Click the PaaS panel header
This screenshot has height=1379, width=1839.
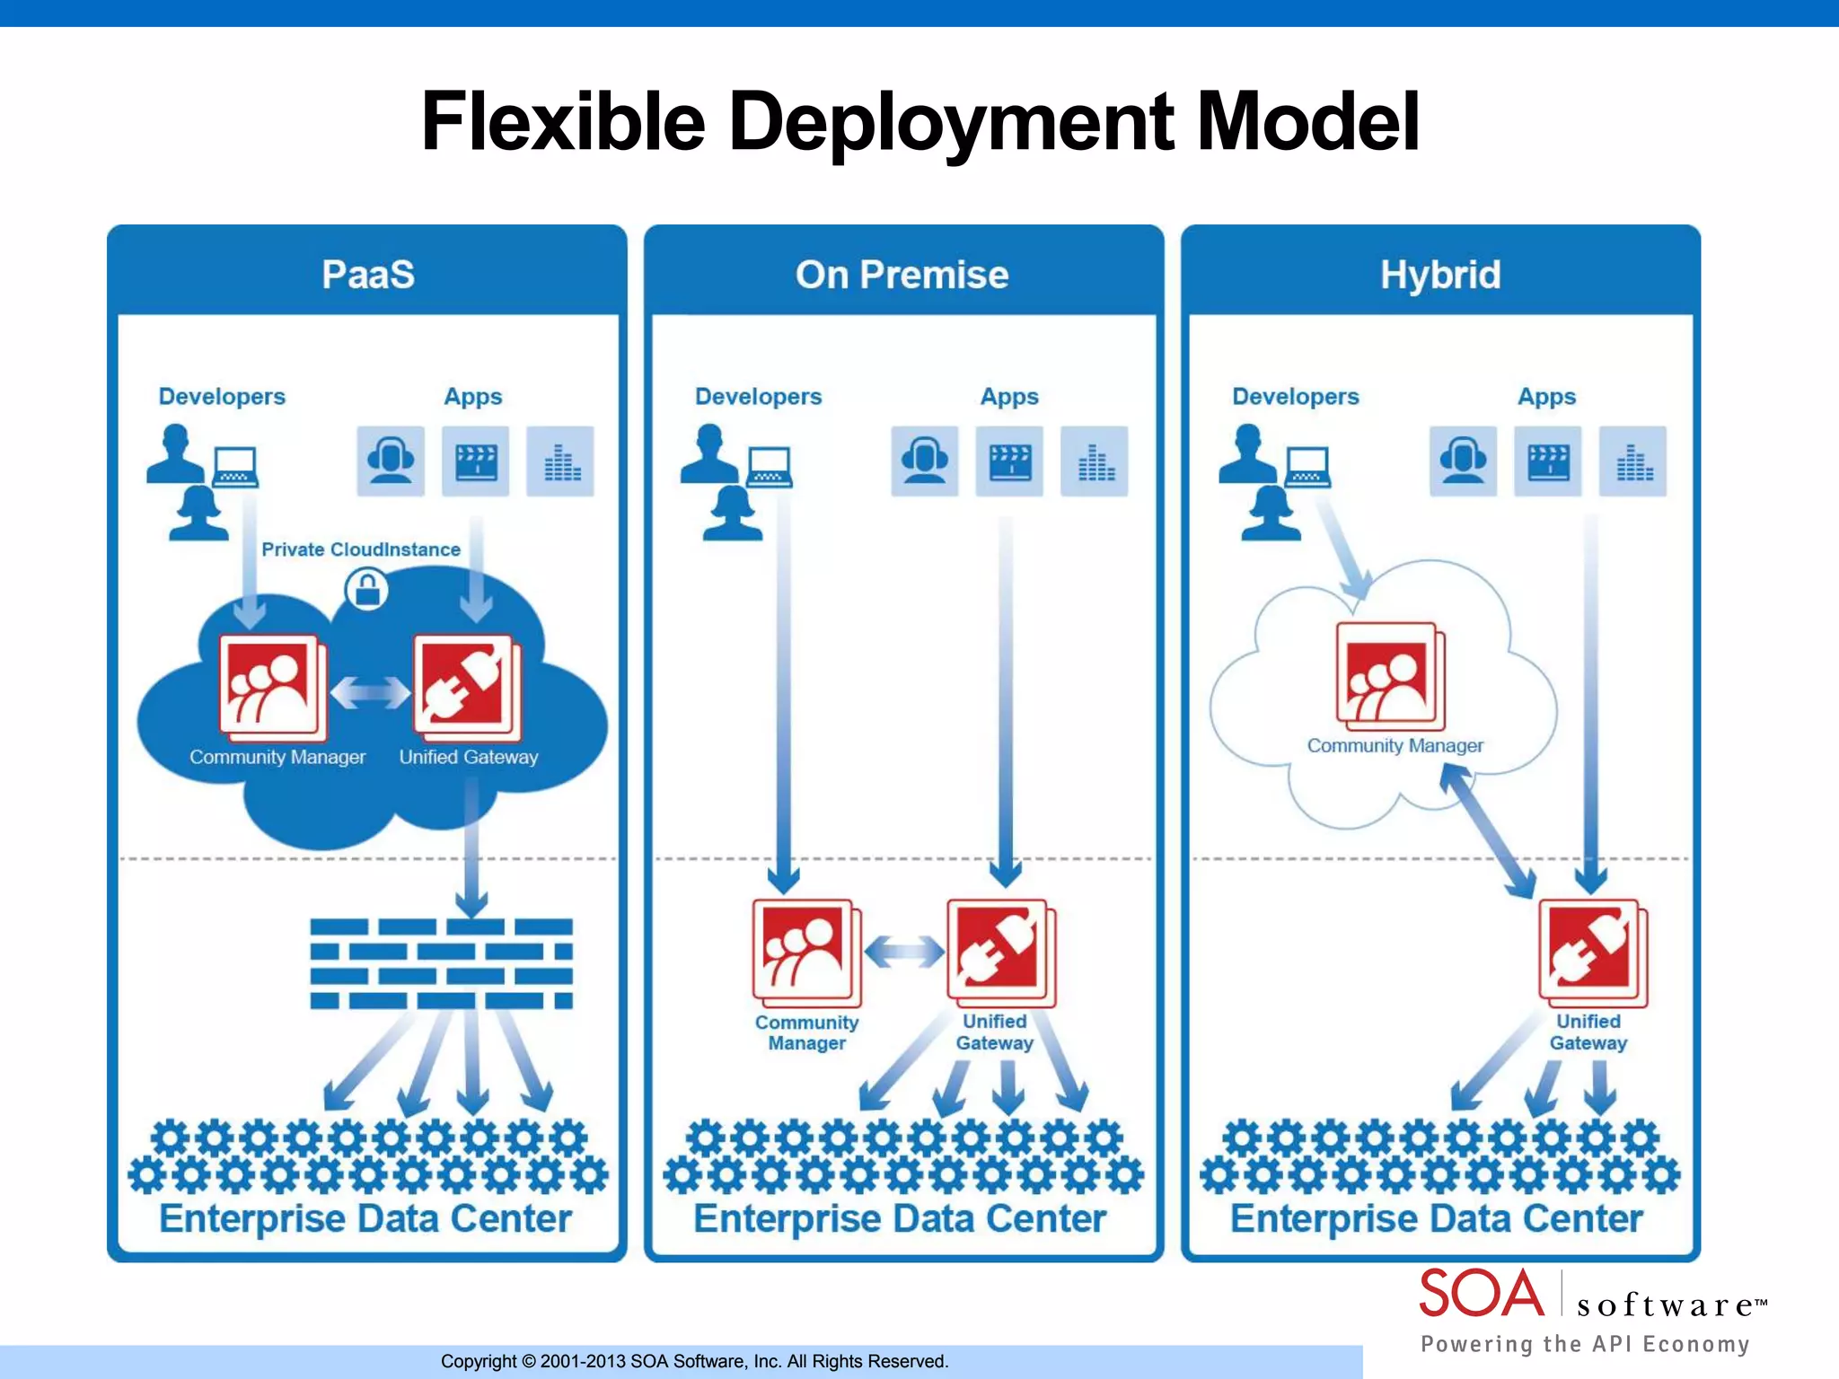tap(368, 274)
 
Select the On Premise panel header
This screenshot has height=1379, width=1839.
tap(902, 274)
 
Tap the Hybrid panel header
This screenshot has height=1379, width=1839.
tap(1440, 274)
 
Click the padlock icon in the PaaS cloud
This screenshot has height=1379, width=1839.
tap(367, 590)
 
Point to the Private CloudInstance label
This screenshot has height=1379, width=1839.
tap(361, 549)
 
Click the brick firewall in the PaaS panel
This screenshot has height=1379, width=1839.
tap(441, 963)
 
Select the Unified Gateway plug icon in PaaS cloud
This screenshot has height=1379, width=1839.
tap(465, 685)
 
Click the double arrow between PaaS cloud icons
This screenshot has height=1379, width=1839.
tap(370, 692)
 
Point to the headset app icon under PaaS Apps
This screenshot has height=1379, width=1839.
tap(391, 461)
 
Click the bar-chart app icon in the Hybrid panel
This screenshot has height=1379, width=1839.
tap(1632, 461)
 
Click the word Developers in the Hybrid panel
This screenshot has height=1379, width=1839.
tap(1295, 396)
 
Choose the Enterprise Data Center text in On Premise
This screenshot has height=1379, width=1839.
tap(900, 1218)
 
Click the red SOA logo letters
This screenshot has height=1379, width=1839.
tap(1481, 1294)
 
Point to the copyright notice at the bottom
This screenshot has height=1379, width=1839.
tap(694, 1361)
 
